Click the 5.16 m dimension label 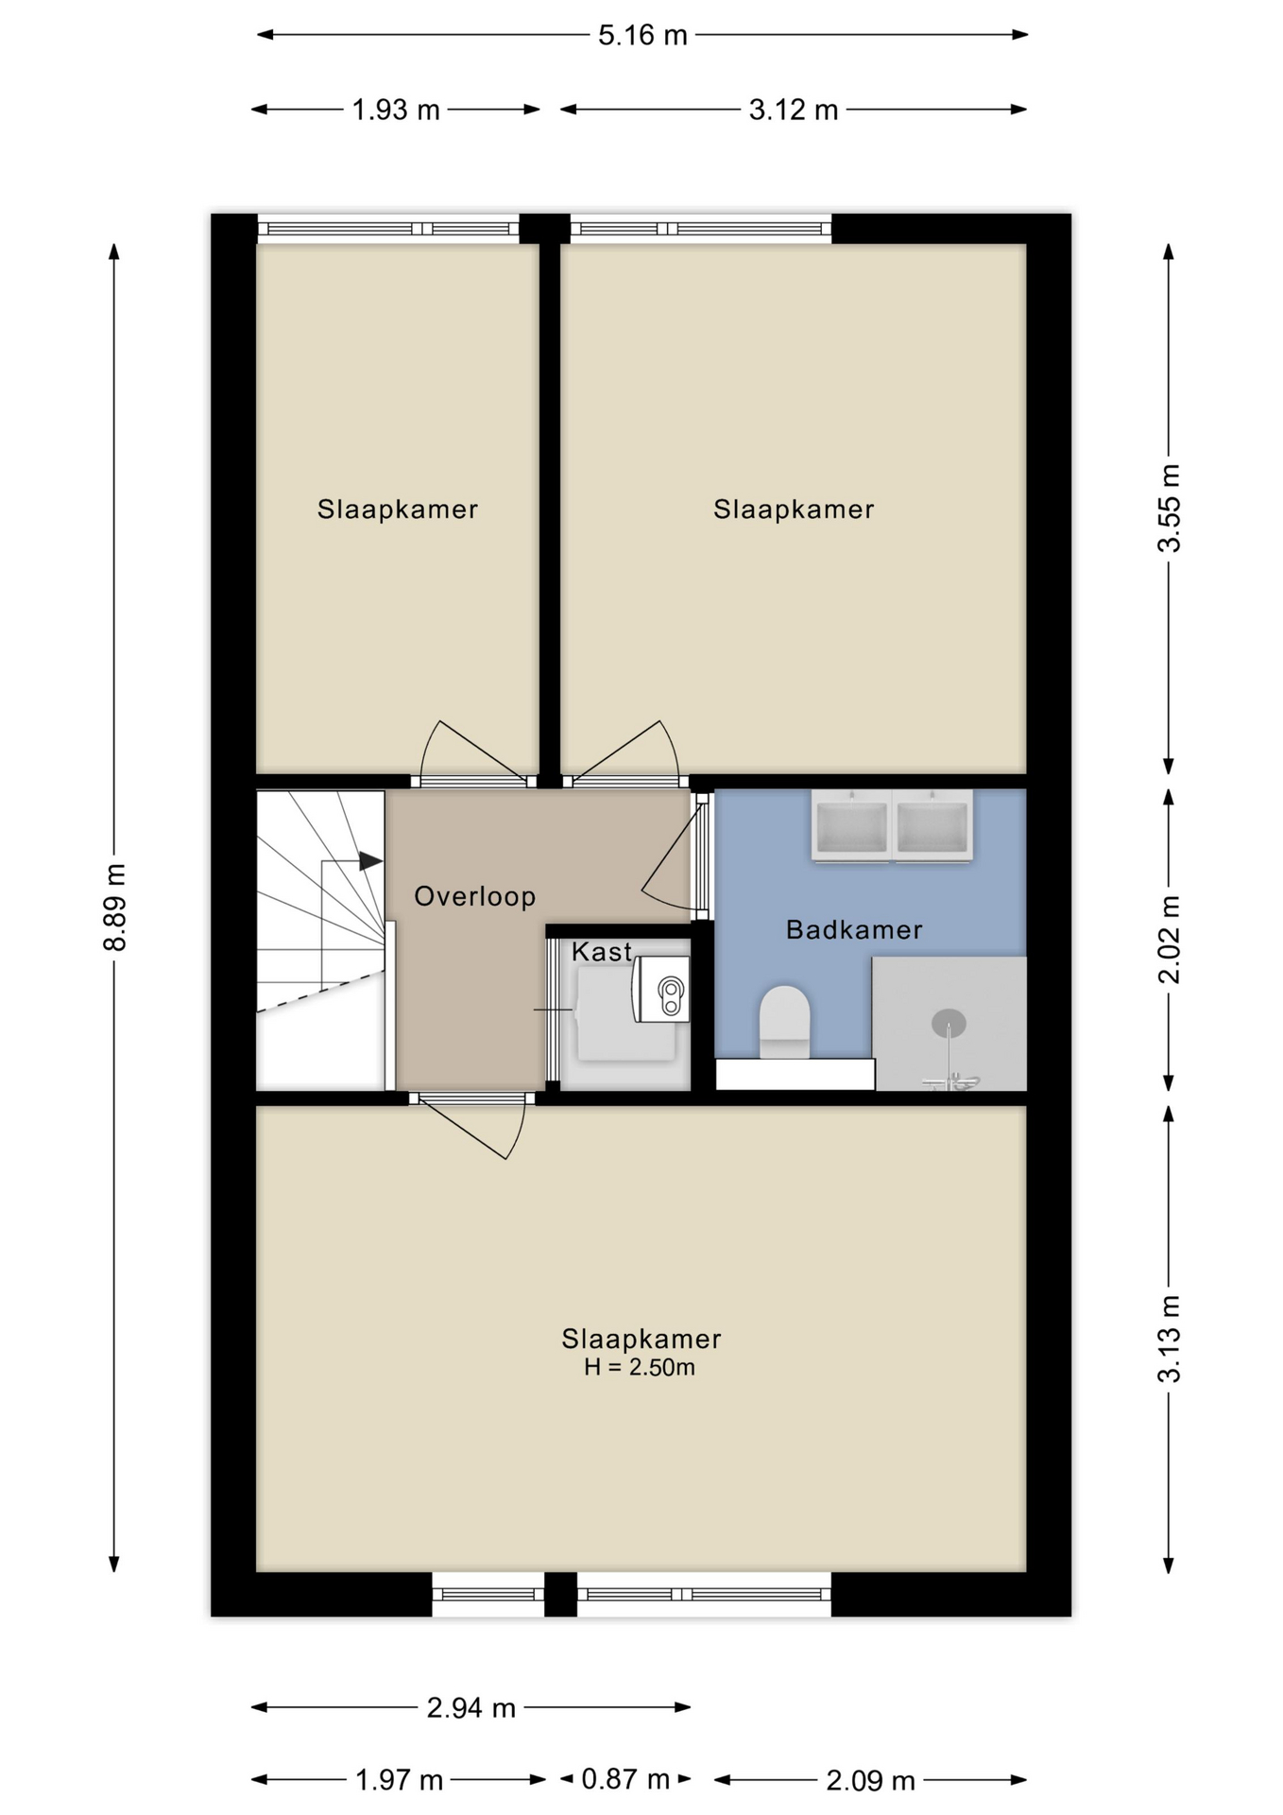coord(642,36)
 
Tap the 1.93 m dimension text coord(396,111)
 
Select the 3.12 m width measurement coord(794,111)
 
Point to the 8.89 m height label coord(114,907)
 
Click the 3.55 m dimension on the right coord(1170,509)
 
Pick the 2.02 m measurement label coord(1170,940)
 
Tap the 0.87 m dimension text coord(625,1779)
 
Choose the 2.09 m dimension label coord(870,1781)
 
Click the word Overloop coord(475,896)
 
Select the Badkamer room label coord(854,929)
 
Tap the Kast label coord(602,951)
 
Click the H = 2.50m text coord(640,1367)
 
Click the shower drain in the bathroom coord(949,1022)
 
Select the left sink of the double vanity coord(851,826)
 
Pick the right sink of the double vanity coord(932,826)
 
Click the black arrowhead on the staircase coord(370,861)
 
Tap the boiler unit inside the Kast coord(662,989)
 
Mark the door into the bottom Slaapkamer coord(471,1126)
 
